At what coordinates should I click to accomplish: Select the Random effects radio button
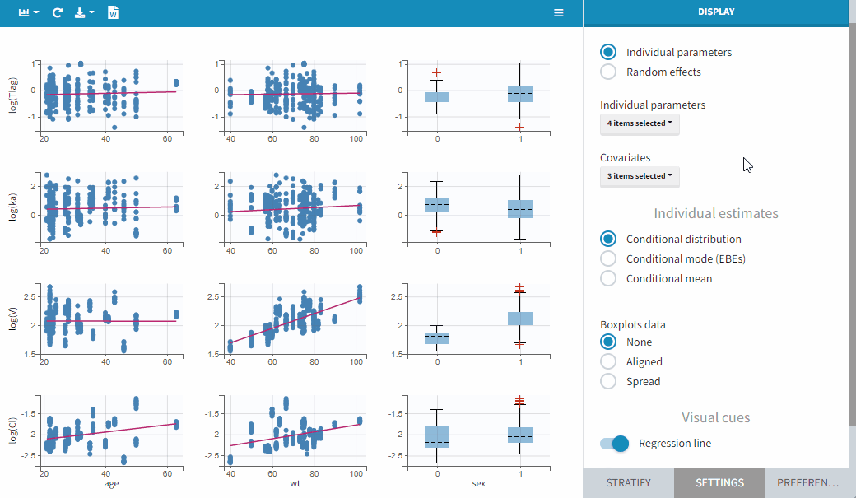(608, 72)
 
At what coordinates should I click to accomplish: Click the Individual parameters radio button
(608, 52)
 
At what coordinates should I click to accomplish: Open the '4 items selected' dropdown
(640, 123)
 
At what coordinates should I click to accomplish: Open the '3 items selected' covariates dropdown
(640, 176)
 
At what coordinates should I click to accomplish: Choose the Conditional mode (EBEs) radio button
(608, 258)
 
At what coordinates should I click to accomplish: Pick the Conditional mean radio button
(608, 278)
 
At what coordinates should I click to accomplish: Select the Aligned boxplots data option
(608, 361)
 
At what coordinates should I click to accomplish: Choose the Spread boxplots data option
(608, 381)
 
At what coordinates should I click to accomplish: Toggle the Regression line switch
(615, 444)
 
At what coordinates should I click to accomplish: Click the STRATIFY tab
(628, 483)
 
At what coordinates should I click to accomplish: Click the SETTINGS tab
(719, 483)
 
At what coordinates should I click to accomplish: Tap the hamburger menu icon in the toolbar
(559, 13)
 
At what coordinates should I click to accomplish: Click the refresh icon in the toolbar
(57, 13)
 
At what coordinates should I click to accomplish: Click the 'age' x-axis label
(111, 484)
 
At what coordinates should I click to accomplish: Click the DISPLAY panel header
(715, 12)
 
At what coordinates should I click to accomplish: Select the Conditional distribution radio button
(608, 239)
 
